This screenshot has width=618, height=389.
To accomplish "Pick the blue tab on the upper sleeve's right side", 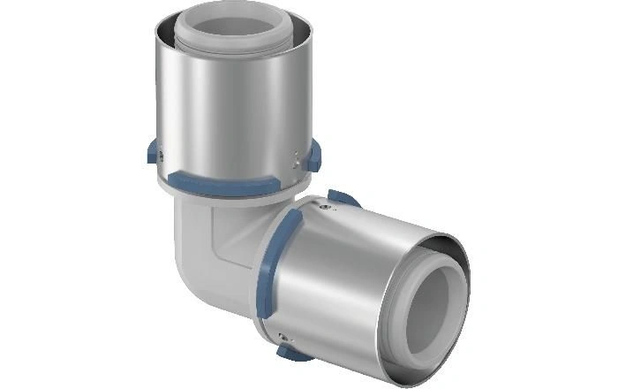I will [315, 156].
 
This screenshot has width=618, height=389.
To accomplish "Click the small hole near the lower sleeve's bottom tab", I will [281, 335].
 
